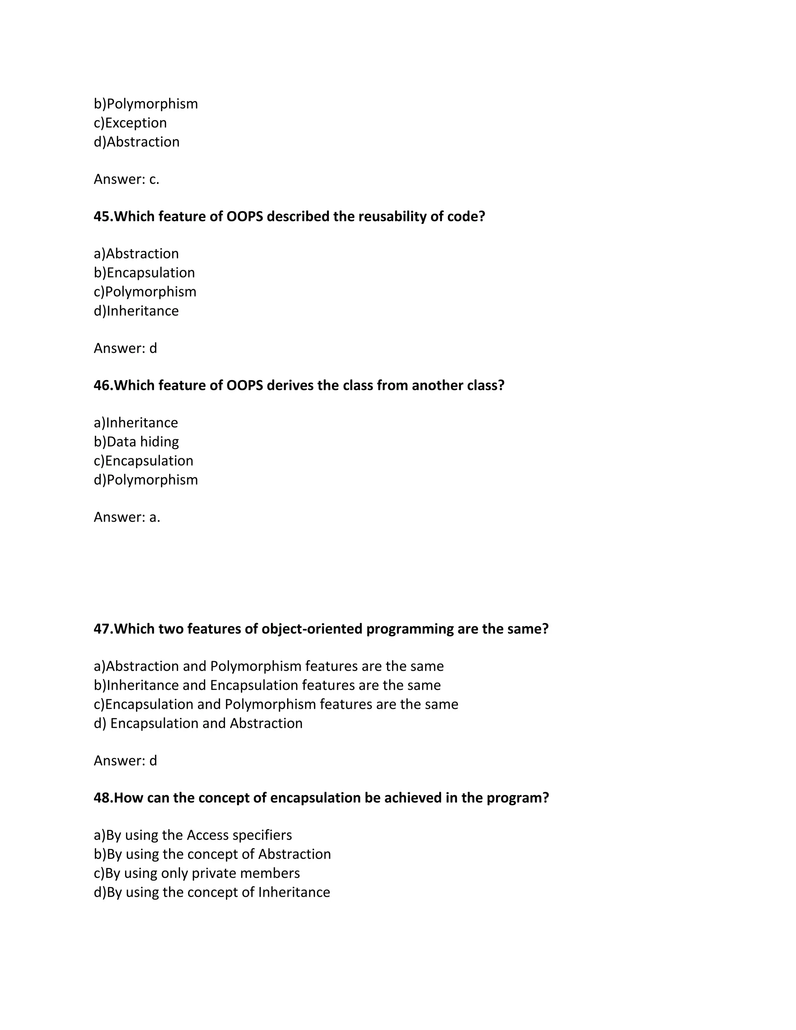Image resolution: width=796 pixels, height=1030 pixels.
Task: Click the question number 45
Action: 103,216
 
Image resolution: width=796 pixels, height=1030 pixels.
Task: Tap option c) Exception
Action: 130,122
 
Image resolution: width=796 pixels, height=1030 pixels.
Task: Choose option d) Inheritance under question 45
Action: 136,311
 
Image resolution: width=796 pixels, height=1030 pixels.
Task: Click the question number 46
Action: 103,385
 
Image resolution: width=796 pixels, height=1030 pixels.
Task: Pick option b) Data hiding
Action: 136,442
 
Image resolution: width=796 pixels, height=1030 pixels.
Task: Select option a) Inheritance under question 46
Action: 136,422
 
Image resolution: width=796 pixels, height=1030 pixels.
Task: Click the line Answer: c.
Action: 126,179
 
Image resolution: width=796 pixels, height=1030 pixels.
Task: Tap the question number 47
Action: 103,628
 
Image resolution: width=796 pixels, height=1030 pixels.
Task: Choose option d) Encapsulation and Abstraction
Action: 198,723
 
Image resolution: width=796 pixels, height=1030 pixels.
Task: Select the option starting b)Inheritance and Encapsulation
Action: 267,685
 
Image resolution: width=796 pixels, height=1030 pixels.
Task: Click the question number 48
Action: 103,798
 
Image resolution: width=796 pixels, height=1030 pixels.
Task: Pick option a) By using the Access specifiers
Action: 193,835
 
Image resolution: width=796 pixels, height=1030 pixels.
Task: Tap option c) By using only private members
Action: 197,873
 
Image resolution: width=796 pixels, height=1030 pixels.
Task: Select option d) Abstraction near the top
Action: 136,142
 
